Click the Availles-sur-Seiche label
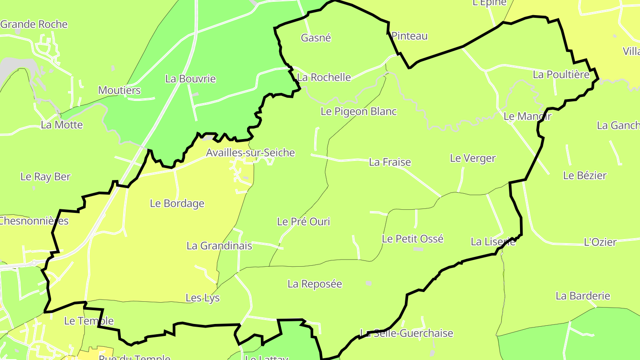[250, 153]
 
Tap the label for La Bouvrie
[190, 79]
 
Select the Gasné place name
[316, 38]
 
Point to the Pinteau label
[409, 36]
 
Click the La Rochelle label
[324, 77]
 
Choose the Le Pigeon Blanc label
[359, 112]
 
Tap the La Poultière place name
[561, 75]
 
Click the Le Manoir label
[527, 116]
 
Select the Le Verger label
[472, 158]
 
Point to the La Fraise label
[390, 162]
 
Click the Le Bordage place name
[177, 204]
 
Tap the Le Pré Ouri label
[304, 221]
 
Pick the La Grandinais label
[219, 246]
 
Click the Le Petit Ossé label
[412, 239]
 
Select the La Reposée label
[315, 284]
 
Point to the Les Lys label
[203, 298]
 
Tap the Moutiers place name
[119, 91]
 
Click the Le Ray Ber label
[45, 177]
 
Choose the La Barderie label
[583, 296]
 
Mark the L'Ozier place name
[600, 242]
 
